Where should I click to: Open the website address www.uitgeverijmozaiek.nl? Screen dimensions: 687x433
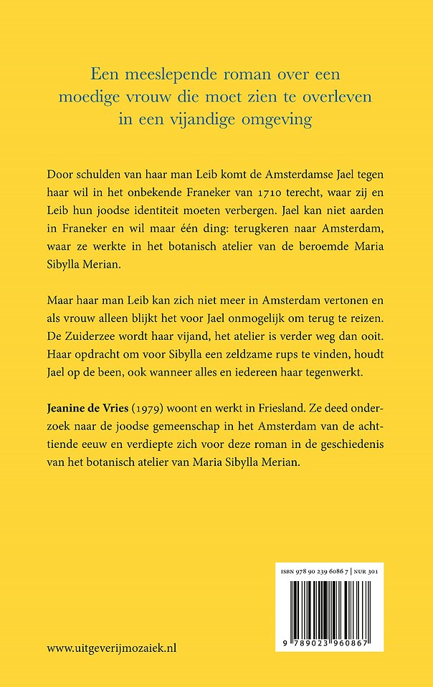112,648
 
